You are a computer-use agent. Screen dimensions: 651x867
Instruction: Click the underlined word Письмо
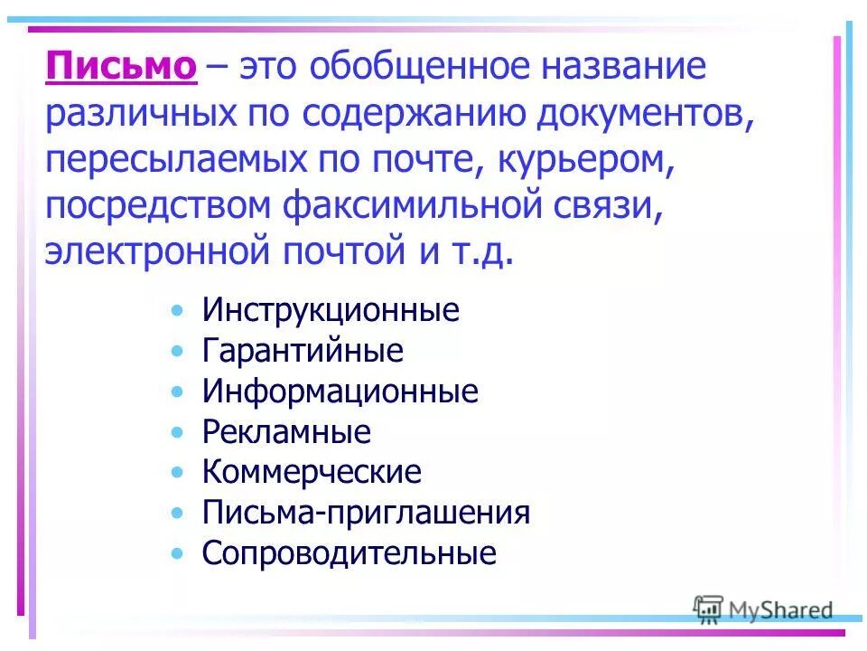(x=120, y=67)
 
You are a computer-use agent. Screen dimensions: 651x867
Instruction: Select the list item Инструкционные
(x=331, y=310)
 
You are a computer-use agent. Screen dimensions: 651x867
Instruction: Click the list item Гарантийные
(x=303, y=351)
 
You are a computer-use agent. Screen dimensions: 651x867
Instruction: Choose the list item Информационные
(x=340, y=392)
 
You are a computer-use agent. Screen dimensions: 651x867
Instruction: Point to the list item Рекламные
(x=286, y=432)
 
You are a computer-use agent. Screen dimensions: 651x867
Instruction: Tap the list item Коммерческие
(x=312, y=472)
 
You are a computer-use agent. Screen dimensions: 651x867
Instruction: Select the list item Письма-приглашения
(x=366, y=513)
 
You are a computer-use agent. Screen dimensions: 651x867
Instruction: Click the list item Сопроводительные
(x=349, y=552)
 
